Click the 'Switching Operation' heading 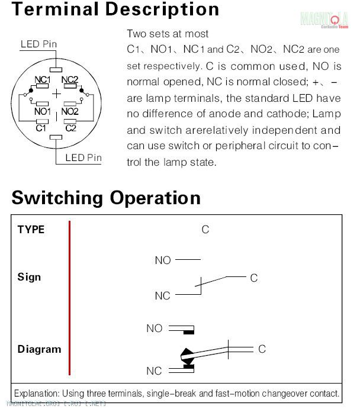[x=106, y=197]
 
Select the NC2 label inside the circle [x=70, y=79]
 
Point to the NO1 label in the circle [x=42, y=111]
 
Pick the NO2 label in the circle [x=70, y=111]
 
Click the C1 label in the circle [x=41, y=127]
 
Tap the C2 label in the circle [x=70, y=127]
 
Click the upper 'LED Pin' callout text [x=39, y=44]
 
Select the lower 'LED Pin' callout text [x=83, y=157]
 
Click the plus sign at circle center [x=56, y=94]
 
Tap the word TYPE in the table [x=31, y=230]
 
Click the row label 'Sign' [x=29, y=277]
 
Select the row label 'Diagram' [x=39, y=349]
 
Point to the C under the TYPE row [x=205, y=230]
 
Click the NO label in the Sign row [x=163, y=260]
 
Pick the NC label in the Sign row [x=162, y=295]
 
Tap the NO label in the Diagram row [x=154, y=329]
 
